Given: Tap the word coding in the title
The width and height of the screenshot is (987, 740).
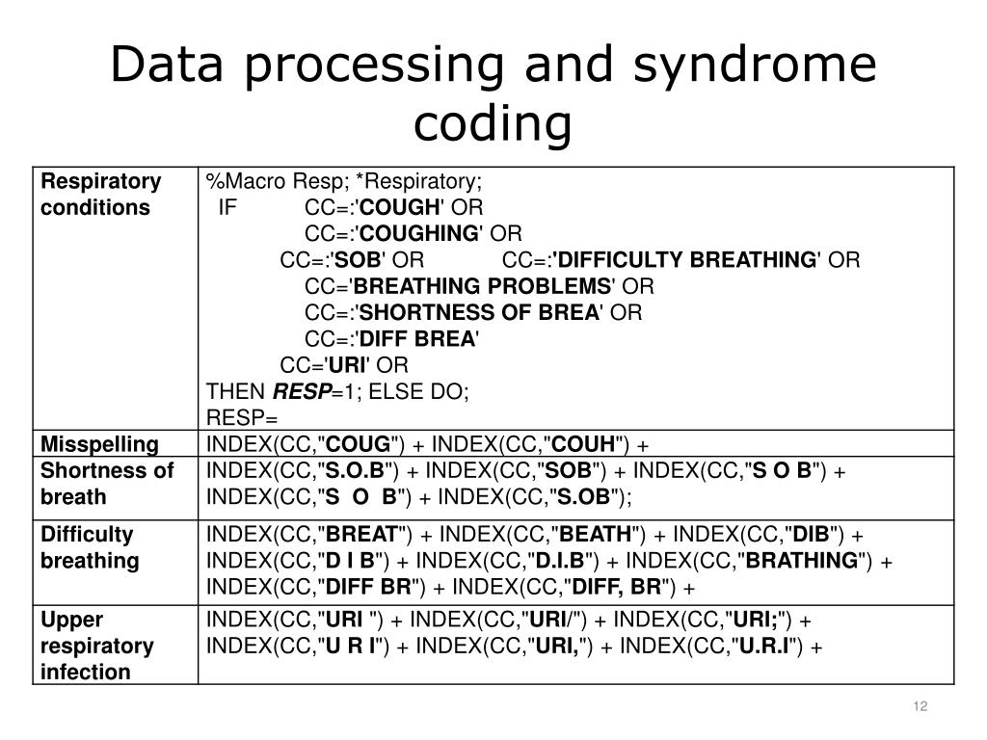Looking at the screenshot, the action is click(x=493, y=123).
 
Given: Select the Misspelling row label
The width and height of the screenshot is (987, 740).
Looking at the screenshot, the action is click(x=99, y=444).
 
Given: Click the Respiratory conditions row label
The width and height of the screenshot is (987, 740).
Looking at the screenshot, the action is click(x=100, y=195).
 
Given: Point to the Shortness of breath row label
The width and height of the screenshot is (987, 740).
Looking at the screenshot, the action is click(x=107, y=484).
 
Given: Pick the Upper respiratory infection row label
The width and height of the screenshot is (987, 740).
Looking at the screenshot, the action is click(x=96, y=646).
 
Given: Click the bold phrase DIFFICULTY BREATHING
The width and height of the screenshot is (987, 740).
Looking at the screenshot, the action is click(x=685, y=260).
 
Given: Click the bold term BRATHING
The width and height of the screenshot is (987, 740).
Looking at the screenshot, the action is click(x=802, y=561).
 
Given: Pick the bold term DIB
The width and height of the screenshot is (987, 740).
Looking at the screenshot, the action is click(x=810, y=535).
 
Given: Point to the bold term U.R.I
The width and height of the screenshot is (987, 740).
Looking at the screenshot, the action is click(x=763, y=646).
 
